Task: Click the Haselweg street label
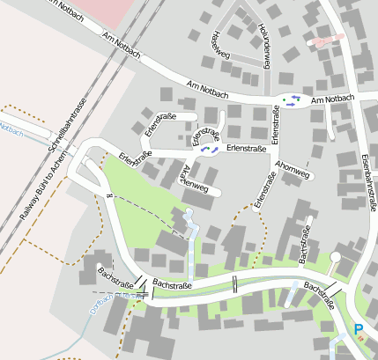[217, 44]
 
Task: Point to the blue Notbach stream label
[11, 129]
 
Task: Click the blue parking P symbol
[358, 330]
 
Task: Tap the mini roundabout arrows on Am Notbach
[292, 99]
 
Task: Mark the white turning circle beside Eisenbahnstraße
[335, 256]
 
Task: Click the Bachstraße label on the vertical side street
[306, 244]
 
